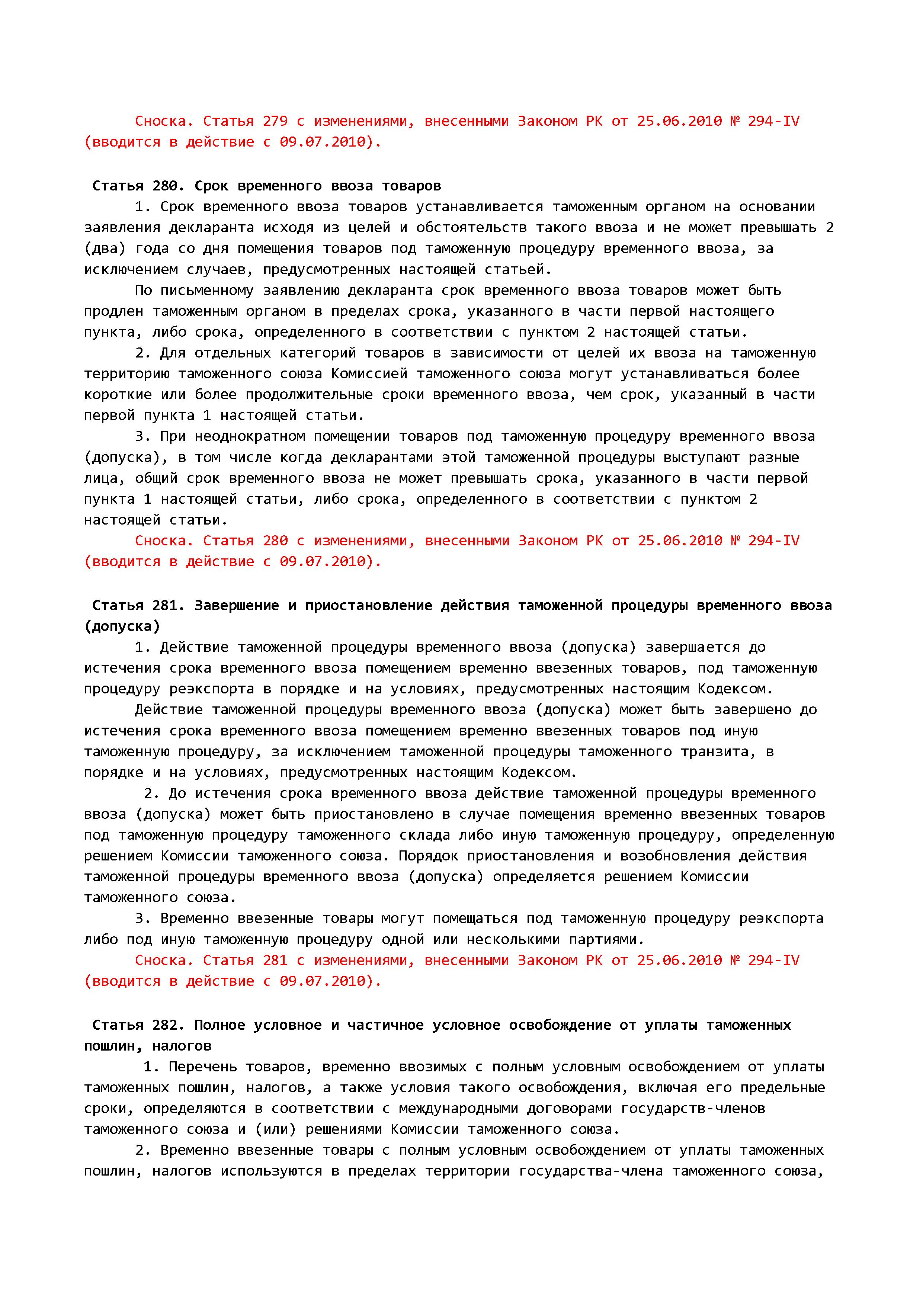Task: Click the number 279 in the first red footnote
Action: (275, 121)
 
